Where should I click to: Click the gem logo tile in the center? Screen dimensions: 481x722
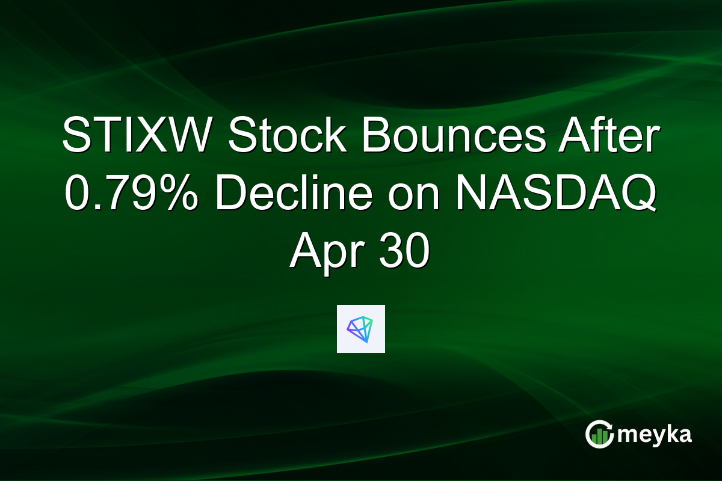(360, 328)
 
